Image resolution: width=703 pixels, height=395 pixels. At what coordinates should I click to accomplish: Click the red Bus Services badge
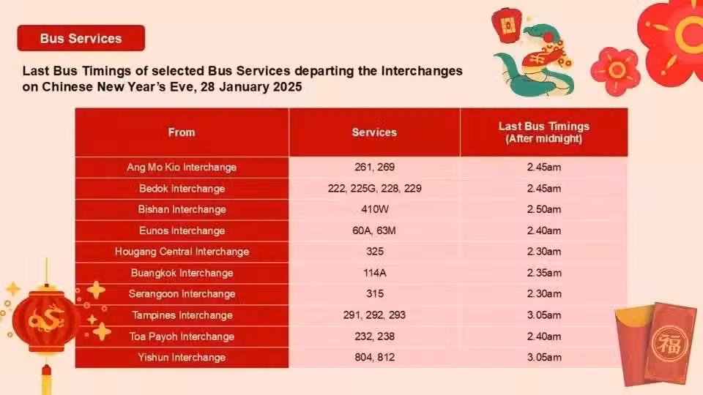click(x=81, y=38)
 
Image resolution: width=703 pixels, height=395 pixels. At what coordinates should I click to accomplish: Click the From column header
click(x=182, y=132)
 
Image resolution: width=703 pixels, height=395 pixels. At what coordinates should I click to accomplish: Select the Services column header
click(x=374, y=132)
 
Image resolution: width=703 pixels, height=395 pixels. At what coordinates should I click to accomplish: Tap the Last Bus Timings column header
click(x=544, y=132)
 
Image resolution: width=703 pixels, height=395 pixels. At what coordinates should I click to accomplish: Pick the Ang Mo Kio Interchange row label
click(x=182, y=167)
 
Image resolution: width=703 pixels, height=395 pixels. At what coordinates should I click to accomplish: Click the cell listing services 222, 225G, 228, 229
click(x=374, y=188)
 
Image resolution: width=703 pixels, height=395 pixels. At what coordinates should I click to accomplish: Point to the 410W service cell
click(x=374, y=209)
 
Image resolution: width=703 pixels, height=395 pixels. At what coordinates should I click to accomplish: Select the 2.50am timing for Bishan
click(x=544, y=209)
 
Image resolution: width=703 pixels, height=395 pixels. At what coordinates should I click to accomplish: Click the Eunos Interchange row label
click(x=182, y=230)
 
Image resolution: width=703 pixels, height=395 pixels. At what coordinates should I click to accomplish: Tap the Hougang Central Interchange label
click(x=182, y=252)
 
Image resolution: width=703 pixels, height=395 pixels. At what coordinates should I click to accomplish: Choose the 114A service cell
click(x=374, y=273)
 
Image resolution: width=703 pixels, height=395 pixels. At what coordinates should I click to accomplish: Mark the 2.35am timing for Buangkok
click(x=544, y=273)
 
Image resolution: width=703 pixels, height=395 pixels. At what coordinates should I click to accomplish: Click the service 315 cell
click(x=374, y=294)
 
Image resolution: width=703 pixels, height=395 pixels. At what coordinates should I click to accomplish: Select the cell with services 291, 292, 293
click(x=374, y=315)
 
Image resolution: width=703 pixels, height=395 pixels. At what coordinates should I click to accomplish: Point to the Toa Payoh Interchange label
click(x=182, y=336)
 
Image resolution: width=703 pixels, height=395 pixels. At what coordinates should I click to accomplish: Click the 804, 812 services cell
click(x=374, y=358)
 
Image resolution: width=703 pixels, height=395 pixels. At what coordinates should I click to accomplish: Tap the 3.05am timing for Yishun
click(x=544, y=358)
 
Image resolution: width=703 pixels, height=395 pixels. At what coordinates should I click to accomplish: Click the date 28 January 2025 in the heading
click(x=251, y=86)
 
